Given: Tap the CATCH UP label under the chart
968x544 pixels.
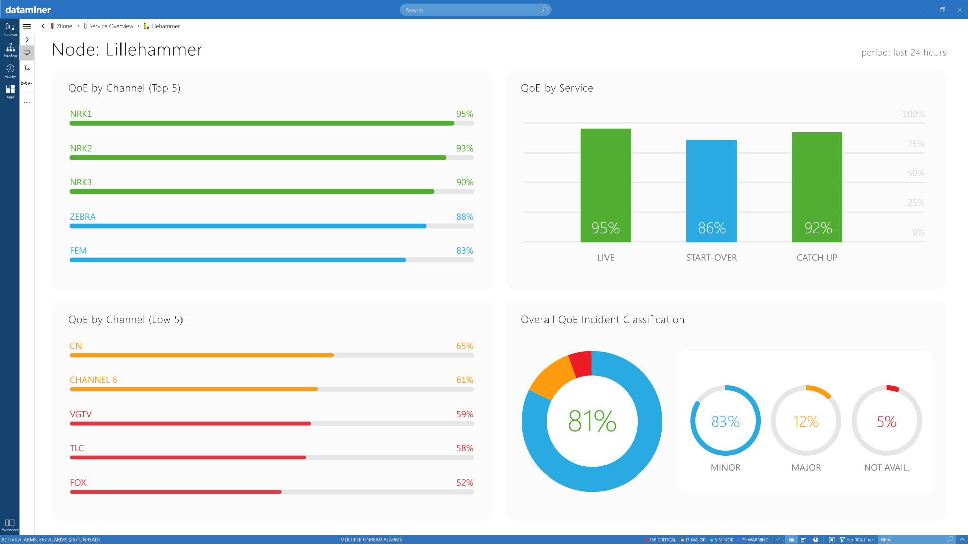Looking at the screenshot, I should pos(816,257).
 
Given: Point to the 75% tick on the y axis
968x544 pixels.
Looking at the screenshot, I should pos(915,144).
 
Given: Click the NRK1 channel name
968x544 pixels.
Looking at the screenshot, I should pos(81,114).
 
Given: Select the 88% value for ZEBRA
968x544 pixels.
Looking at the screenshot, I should pos(464,217).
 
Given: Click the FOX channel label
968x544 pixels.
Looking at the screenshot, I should pos(78,482).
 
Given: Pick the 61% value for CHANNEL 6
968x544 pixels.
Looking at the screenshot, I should pos(464,380).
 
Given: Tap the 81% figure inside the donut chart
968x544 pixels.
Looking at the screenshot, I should pos(592,421).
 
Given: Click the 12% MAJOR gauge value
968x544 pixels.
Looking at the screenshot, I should pos(806,421).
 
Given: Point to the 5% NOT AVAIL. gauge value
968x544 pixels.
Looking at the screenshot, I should pos(886,421).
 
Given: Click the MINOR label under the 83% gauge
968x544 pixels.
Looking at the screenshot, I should pos(725,467).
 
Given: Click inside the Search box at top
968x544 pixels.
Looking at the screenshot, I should pos(474,10).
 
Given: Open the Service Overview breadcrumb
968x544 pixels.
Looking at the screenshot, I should pos(111,26).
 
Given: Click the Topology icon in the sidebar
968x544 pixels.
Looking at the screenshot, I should pos(10,49).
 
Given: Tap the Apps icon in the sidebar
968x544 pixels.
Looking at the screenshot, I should pos(10,91).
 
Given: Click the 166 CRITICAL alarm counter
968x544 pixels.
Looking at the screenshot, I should pos(661,540).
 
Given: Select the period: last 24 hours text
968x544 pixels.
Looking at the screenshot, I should pos(903,52).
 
